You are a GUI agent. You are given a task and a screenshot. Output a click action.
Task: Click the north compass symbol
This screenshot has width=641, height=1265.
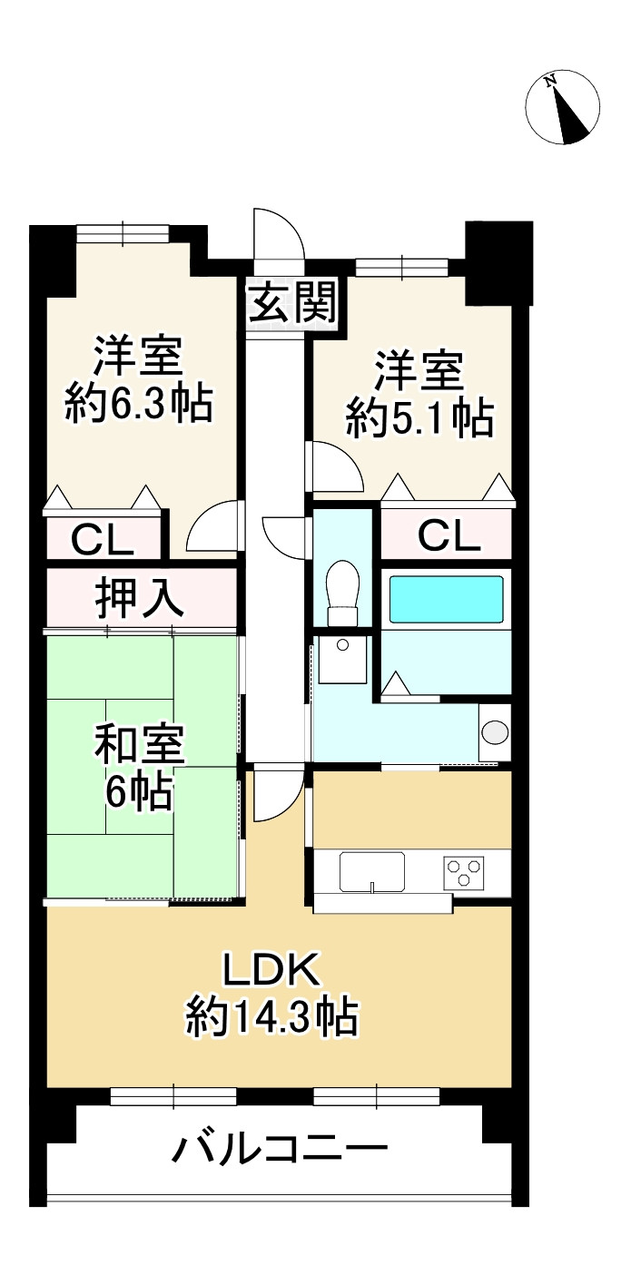coord(563,107)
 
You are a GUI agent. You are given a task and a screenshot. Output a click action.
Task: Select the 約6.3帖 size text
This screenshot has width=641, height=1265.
coord(139,403)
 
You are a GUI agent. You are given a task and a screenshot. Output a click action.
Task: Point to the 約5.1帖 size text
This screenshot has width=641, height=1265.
coord(419,419)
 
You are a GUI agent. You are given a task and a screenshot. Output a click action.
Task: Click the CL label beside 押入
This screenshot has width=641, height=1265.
coord(103,541)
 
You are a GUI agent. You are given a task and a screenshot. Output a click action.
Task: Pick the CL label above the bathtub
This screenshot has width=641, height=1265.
coord(449,537)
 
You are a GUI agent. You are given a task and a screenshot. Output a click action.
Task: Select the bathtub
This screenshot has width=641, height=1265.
coord(446,599)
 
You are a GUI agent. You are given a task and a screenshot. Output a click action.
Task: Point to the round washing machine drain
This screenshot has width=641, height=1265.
coord(496,732)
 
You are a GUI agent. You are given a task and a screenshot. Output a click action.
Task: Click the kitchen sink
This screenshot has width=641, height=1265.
coord(372,872)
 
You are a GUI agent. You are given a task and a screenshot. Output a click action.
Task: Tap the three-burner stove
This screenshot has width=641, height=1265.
coord(463,872)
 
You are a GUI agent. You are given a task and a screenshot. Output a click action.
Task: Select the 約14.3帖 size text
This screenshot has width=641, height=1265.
coord(271,1018)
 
